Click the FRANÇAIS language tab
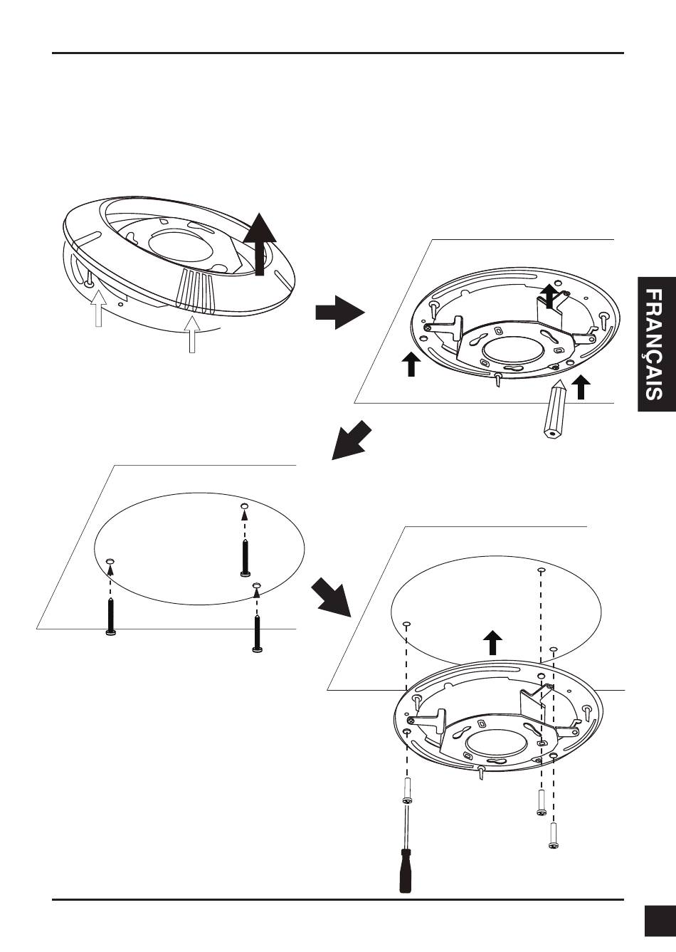[x=656, y=344]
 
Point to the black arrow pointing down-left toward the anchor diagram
[x=353, y=439]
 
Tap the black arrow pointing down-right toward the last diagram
[x=332, y=597]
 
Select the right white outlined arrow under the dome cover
[x=191, y=333]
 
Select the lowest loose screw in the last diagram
[x=554, y=835]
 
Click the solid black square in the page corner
[x=659, y=920]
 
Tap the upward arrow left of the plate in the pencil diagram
[x=411, y=363]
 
